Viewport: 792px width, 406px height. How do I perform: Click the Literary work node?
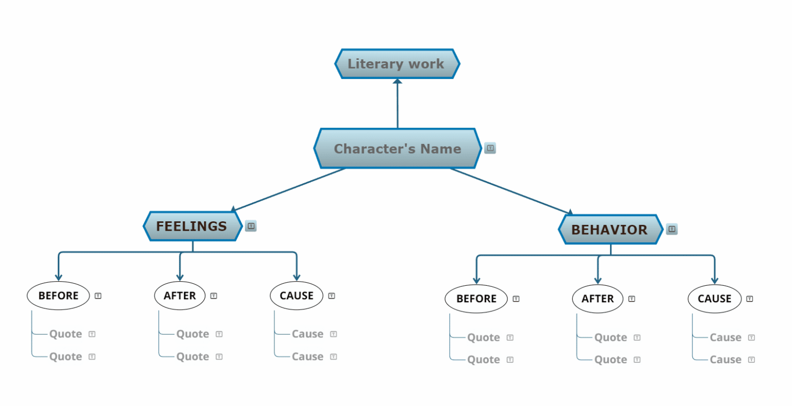397,64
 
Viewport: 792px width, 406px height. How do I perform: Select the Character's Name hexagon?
397,149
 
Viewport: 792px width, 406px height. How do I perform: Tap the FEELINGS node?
192,226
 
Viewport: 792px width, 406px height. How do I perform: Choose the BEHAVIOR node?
609,230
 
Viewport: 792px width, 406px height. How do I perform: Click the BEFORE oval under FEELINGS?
58,296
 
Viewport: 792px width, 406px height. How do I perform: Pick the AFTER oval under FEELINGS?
179,296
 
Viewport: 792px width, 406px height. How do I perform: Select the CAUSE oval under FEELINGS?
296,296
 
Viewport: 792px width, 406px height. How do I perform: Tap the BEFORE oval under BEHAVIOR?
476,299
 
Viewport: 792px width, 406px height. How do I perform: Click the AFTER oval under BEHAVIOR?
598,299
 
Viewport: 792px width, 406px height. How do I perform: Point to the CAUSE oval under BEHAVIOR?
714,299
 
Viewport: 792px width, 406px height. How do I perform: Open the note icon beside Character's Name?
490,148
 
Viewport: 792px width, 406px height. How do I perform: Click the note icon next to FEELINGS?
251,226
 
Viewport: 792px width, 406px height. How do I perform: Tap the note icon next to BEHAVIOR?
672,229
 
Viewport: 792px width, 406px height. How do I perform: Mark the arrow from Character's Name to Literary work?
398,103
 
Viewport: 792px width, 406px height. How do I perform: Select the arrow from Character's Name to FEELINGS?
289,189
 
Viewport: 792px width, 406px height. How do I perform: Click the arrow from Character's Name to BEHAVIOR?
510,190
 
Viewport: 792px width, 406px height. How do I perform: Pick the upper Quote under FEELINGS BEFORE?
65,334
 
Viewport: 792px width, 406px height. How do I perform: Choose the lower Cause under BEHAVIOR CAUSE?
725,360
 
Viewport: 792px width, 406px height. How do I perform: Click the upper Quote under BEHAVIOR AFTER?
610,337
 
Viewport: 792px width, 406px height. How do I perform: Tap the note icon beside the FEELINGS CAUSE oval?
332,296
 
